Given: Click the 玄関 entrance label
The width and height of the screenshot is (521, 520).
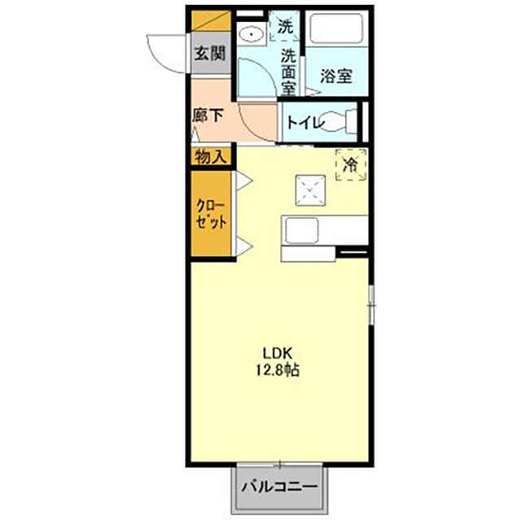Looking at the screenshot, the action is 210,53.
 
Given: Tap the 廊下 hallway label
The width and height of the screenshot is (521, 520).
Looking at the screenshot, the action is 208,116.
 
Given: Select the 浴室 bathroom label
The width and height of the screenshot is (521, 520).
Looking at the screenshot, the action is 336,76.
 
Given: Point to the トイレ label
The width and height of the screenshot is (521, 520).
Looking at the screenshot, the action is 305,123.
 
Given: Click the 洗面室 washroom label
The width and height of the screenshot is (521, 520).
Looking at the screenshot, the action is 288,72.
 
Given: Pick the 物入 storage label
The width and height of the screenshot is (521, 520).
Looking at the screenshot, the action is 211,156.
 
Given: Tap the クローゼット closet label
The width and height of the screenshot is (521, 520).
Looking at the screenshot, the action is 211,214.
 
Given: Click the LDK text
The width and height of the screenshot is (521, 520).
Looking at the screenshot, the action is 278,353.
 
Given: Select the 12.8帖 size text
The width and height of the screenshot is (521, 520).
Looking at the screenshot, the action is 278,369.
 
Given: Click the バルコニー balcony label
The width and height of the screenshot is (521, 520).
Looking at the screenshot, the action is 279,487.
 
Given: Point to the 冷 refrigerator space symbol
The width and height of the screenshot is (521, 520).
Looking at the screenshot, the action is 351,164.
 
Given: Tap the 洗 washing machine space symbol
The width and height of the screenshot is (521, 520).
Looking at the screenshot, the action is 284,27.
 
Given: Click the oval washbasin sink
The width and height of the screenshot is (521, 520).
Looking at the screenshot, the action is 252,34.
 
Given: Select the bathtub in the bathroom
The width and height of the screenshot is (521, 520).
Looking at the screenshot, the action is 336,28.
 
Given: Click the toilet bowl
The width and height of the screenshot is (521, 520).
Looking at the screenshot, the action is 334,122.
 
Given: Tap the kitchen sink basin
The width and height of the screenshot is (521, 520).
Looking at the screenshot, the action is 302,230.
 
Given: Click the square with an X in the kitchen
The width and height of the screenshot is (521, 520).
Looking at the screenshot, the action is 310,190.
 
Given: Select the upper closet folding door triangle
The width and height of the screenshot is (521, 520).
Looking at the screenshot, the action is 244,181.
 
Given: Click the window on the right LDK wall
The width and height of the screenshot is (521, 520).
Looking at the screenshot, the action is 372,305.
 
